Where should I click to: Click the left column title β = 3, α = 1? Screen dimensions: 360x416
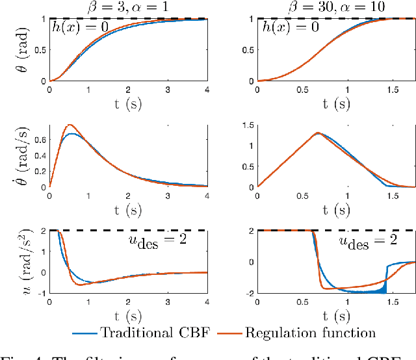129,7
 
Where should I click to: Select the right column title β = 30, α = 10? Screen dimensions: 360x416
336,7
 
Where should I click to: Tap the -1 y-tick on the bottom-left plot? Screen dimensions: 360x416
40,293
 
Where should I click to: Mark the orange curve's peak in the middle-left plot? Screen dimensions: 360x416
70,125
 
